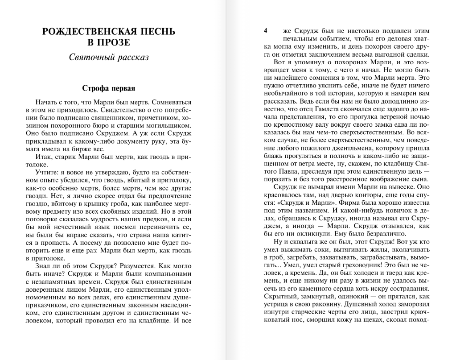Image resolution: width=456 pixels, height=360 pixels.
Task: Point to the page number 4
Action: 266,31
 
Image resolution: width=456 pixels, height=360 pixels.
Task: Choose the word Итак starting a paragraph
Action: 44,157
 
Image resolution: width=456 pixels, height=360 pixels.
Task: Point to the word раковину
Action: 322,305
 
